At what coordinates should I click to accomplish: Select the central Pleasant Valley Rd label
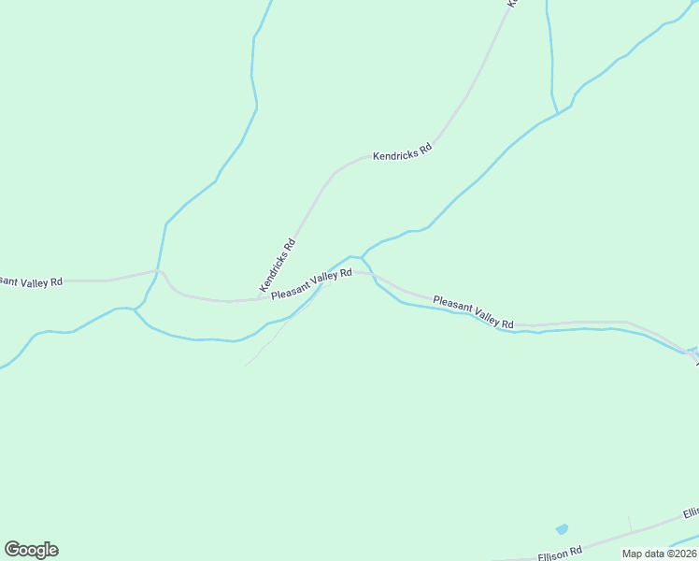click(311, 283)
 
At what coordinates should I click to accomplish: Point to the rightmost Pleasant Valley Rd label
click(474, 312)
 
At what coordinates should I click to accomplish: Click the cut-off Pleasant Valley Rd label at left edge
click(31, 280)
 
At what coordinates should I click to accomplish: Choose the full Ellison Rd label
click(561, 552)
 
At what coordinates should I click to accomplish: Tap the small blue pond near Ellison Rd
click(561, 529)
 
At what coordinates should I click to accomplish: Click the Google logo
click(31, 550)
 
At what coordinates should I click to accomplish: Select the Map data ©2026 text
click(660, 554)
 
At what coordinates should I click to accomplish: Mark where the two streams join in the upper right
click(559, 113)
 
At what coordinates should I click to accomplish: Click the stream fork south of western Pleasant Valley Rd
click(135, 309)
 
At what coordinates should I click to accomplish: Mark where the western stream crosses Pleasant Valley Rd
click(160, 271)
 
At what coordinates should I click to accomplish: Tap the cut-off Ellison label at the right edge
click(691, 513)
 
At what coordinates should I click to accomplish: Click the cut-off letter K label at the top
click(511, 4)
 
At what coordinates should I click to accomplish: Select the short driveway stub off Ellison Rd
click(630, 524)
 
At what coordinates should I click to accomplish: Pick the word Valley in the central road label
click(322, 280)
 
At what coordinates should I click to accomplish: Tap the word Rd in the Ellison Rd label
click(576, 549)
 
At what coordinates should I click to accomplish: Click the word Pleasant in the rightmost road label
click(452, 305)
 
